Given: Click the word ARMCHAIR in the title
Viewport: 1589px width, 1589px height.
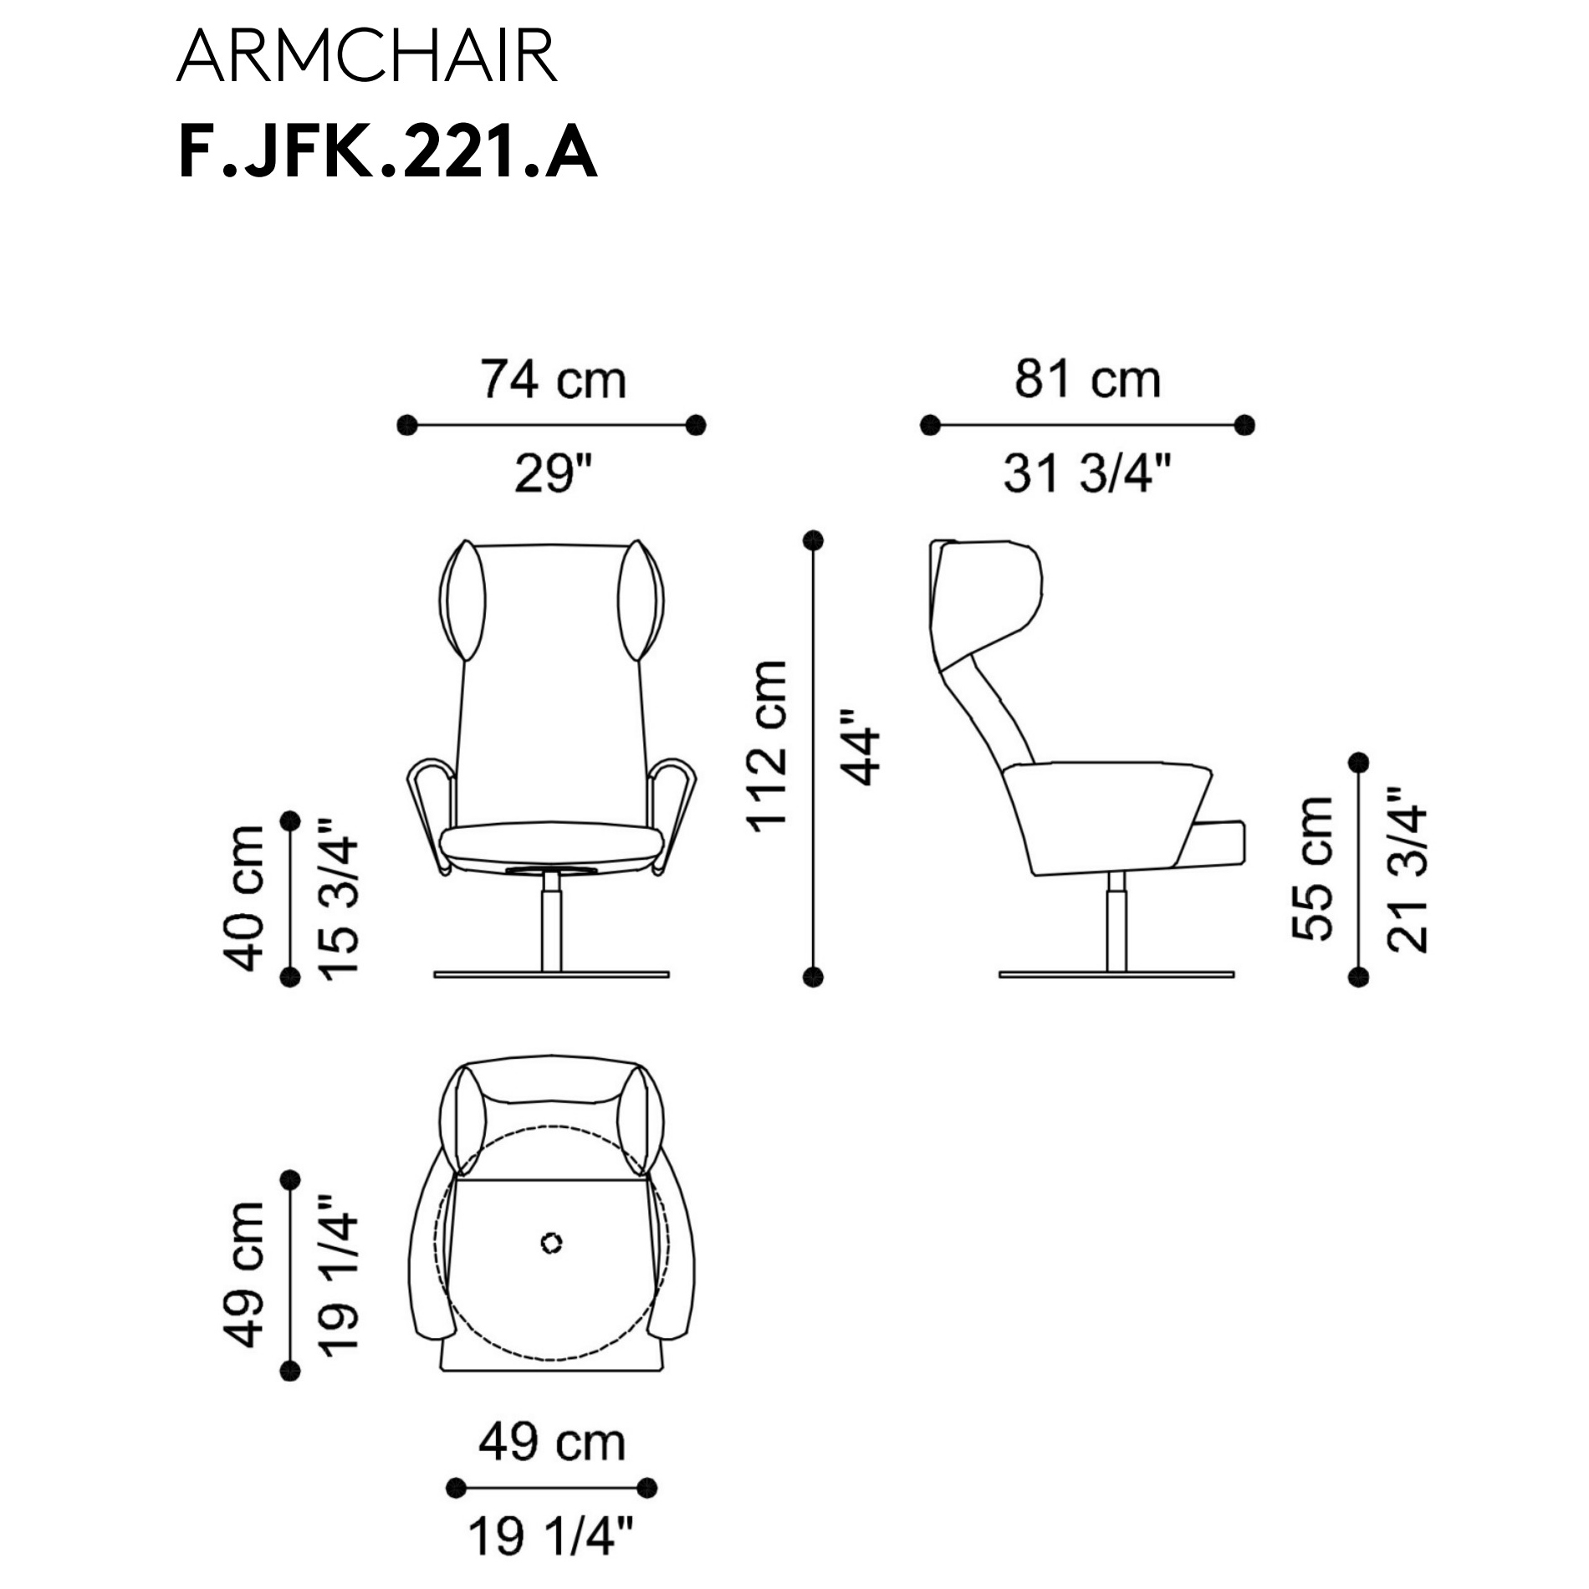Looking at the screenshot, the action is pyautogui.click(x=366, y=56).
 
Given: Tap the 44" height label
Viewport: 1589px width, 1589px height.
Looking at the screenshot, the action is pyautogui.click(x=861, y=747).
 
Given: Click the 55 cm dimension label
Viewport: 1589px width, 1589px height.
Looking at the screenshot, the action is pyautogui.click(x=1311, y=868).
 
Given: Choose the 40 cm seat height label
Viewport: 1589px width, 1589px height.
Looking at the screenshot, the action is pyautogui.click(x=243, y=897).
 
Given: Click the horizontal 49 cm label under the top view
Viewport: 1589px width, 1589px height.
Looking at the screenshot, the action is pyautogui.click(x=552, y=1442).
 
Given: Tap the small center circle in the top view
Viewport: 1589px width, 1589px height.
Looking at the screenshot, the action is pyautogui.click(x=551, y=1243).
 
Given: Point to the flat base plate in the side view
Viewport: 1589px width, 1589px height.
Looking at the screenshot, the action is pyautogui.click(x=1116, y=974).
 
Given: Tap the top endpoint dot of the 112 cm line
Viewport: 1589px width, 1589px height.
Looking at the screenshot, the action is pyautogui.click(x=813, y=540).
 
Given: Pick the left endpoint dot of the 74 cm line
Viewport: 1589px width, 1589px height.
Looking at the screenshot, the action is pyautogui.click(x=406, y=425).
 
